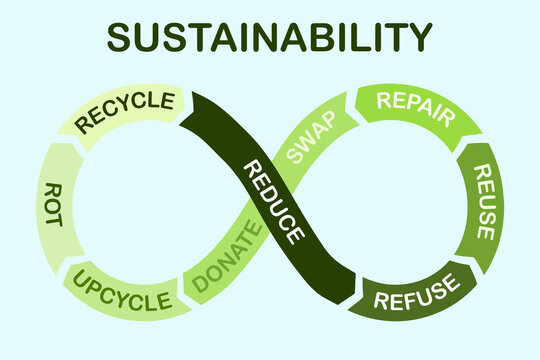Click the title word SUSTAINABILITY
pos(270,37)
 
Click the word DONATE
pos(227,258)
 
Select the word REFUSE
pos(419,292)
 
